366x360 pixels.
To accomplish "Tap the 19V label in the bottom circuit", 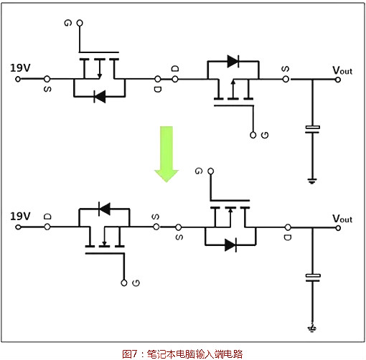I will [20, 216].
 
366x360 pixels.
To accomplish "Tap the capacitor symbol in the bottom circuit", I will [312, 277].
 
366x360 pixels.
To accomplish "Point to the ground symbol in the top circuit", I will [312, 179].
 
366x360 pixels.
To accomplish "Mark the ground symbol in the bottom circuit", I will [312, 328].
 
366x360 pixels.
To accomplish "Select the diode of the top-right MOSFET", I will [233, 61].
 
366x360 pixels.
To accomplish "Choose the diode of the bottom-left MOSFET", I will [104, 209].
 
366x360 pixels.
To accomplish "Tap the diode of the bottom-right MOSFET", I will [230, 245].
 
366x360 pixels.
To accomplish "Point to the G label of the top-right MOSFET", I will [265, 135].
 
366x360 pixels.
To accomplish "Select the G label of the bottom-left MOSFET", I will [134, 283].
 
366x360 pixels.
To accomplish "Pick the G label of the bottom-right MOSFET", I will [199, 172].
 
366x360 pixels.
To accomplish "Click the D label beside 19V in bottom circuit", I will [47, 215].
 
